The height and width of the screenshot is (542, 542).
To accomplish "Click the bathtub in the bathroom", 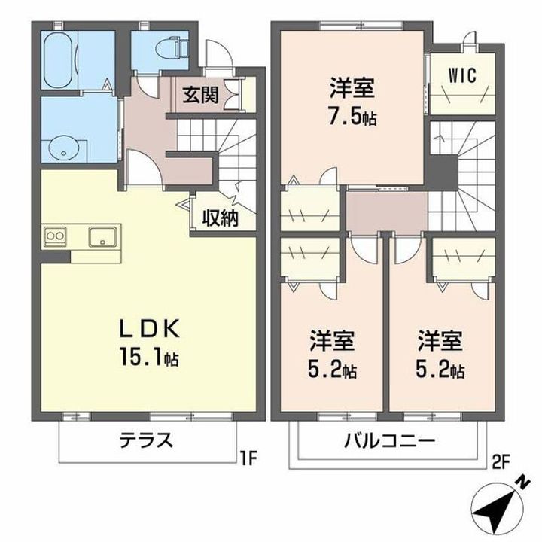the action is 59,60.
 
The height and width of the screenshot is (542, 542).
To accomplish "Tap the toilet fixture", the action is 172,47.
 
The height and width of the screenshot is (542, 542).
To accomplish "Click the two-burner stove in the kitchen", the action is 55,236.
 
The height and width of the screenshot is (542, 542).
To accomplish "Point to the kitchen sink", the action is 103,236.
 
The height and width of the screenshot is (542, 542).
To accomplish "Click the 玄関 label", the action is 201,94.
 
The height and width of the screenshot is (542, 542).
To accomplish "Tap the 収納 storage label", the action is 220,218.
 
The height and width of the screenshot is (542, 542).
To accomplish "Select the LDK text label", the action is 149,328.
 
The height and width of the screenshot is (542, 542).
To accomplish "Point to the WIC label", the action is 462,75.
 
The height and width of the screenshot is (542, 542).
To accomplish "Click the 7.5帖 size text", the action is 352,117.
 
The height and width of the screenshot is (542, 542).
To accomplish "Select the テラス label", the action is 146,440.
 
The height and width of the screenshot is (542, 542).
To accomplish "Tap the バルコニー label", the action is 389,440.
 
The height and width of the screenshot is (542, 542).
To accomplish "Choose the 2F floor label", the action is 501,463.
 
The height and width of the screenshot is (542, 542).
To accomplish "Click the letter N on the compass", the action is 523,483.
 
